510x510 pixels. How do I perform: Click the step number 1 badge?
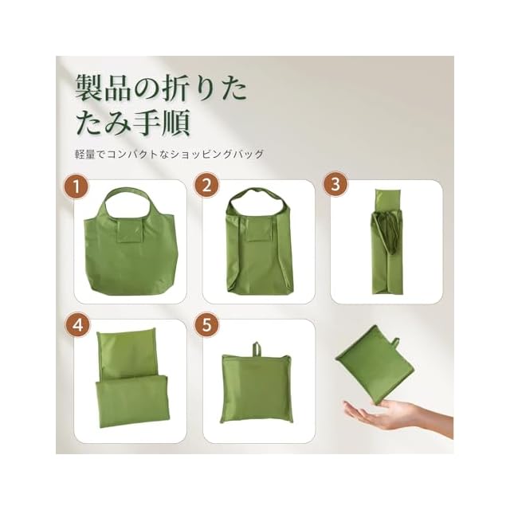(x=76, y=186)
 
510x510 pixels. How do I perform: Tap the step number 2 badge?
(x=207, y=185)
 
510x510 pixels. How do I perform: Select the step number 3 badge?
(x=335, y=184)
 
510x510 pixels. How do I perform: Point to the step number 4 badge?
(x=78, y=325)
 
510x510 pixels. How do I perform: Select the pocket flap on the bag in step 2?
(x=259, y=229)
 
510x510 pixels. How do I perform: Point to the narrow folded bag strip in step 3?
(x=388, y=241)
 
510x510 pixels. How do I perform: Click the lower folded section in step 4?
(x=131, y=400)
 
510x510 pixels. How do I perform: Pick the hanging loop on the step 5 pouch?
(x=257, y=349)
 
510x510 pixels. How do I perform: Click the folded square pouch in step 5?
(x=257, y=388)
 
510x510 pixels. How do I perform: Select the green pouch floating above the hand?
(x=375, y=366)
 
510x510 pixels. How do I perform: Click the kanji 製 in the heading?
(x=88, y=88)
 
